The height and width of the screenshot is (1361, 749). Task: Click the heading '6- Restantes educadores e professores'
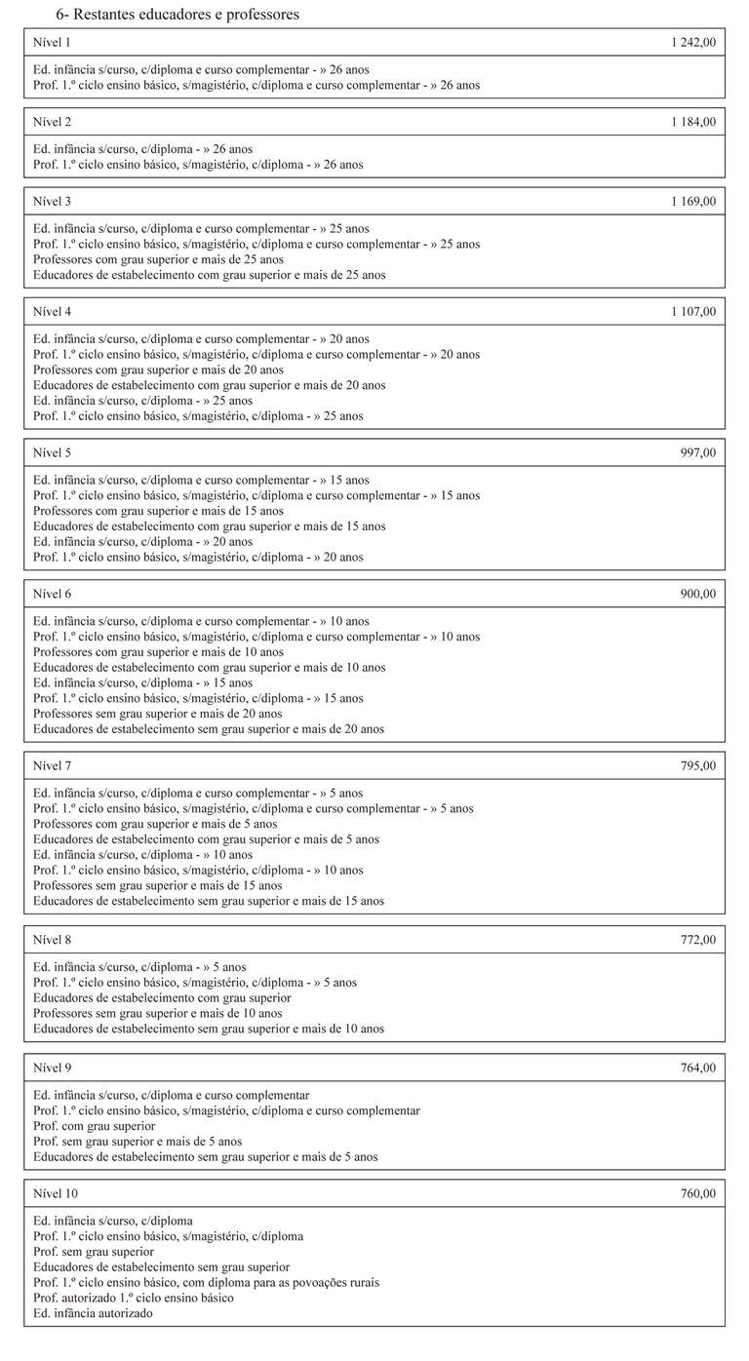(x=177, y=15)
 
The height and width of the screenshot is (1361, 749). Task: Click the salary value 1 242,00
(x=693, y=43)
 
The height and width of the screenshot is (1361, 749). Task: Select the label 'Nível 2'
(x=53, y=122)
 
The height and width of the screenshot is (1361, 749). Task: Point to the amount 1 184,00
(x=693, y=122)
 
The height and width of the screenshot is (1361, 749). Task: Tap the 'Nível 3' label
(x=53, y=202)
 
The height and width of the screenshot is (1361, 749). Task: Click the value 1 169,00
(x=693, y=202)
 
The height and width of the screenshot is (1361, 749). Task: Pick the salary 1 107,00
(x=693, y=312)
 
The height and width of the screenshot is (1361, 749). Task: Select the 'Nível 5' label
(x=53, y=452)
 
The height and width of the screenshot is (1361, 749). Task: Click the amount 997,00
(x=698, y=452)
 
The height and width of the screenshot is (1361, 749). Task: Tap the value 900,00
(x=698, y=594)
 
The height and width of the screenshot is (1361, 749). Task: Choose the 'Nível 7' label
(x=53, y=766)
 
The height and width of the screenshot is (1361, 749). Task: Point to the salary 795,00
(x=698, y=766)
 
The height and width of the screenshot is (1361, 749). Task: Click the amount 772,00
(x=698, y=940)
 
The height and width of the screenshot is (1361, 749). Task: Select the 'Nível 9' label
(x=53, y=1068)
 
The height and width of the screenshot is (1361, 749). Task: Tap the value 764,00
(x=698, y=1068)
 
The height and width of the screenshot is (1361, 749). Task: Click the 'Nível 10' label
(x=56, y=1193)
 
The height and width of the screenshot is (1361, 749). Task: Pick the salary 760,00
(x=698, y=1193)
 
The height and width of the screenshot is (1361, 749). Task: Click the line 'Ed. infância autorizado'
(x=93, y=1313)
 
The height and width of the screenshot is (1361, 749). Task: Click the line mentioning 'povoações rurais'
(x=206, y=1282)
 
